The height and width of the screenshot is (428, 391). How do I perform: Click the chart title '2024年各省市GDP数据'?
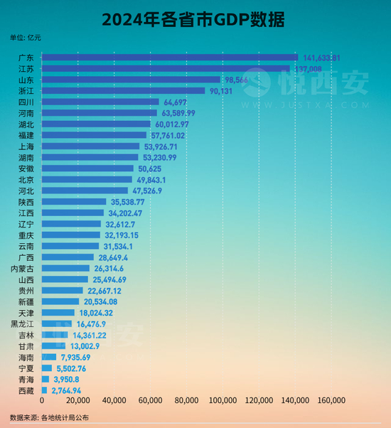point(195,18)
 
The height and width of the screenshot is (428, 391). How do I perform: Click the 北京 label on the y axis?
point(25,180)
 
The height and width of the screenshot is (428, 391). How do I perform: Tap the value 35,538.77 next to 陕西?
point(129,202)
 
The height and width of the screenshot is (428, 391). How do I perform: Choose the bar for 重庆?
point(71,235)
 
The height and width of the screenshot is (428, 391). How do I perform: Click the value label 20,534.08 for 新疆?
point(105,301)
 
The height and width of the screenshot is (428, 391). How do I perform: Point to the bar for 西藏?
point(44,390)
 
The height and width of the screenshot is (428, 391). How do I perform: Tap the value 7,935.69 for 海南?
point(75,357)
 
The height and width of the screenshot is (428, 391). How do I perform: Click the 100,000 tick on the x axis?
point(223,402)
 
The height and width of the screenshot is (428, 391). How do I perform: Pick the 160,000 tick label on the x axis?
point(331,402)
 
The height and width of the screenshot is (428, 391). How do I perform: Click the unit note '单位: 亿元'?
point(26,38)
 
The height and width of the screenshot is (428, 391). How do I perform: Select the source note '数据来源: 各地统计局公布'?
point(50,417)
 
